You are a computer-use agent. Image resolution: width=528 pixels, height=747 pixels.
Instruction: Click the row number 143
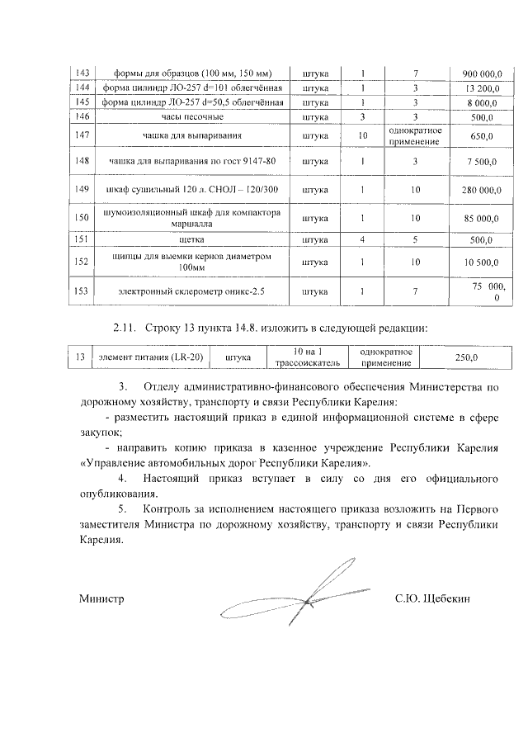coord(82,73)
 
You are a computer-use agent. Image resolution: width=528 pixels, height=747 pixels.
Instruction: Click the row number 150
coord(82,218)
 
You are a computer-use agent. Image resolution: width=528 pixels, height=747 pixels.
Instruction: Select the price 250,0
coord(467,357)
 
